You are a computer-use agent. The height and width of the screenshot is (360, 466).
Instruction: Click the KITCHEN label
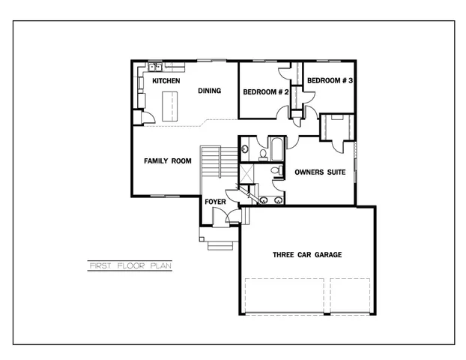pyautogui.click(x=166, y=80)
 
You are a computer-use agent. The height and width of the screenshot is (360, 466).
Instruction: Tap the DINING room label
pyautogui.click(x=209, y=91)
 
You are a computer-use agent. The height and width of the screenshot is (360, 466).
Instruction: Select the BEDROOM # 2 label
pyautogui.click(x=266, y=92)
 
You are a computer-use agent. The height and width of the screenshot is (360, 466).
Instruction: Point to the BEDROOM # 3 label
pyautogui.click(x=330, y=80)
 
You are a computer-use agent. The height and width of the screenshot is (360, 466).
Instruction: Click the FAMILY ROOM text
pyautogui.click(x=168, y=161)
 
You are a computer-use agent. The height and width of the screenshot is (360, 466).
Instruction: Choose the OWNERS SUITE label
pyautogui.click(x=320, y=172)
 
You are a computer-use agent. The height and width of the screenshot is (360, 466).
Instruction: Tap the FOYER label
pyautogui.click(x=215, y=202)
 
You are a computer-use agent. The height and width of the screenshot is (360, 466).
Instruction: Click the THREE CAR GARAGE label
pyautogui.click(x=306, y=255)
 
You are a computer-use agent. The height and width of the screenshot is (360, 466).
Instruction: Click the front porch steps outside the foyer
pyautogui.click(x=219, y=244)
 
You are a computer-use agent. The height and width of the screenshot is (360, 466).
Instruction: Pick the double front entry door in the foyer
pyautogui.click(x=223, y=217)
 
